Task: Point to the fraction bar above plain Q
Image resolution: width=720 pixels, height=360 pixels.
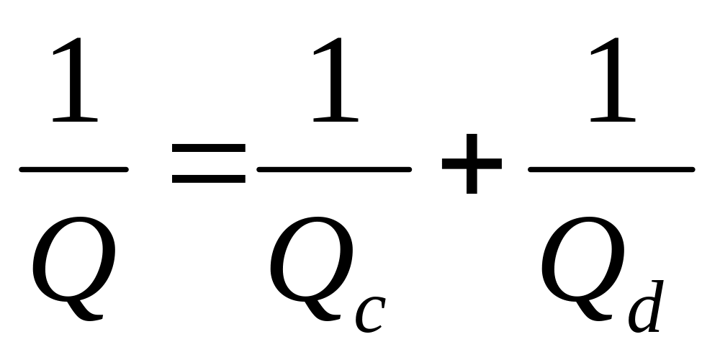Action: point(73,170)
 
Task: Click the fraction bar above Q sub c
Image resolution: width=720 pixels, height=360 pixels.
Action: point(334,170)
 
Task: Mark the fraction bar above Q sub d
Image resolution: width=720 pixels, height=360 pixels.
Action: point(611,170)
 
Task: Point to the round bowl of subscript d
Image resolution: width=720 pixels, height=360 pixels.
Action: point(639,317)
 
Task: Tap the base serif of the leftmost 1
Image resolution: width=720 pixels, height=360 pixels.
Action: point(75,119)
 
